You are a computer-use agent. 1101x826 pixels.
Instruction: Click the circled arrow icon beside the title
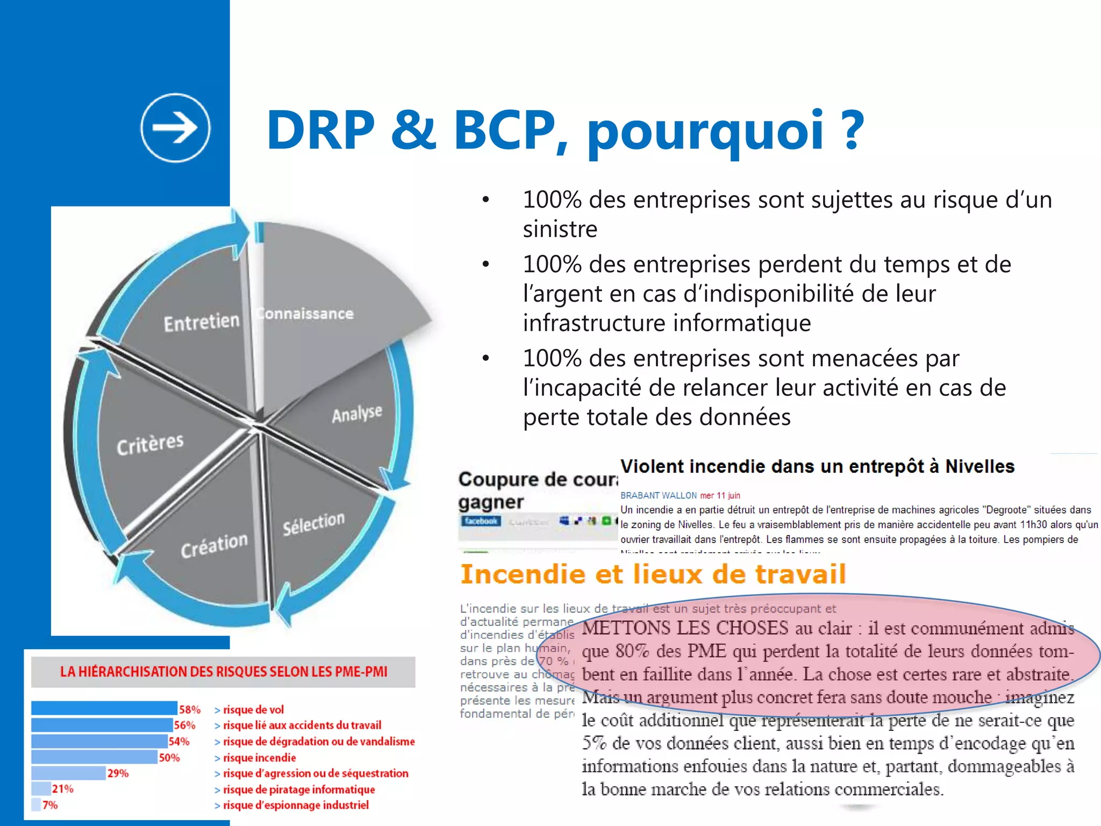point(175,128)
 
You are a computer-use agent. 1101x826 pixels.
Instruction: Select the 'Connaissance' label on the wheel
point(305,314)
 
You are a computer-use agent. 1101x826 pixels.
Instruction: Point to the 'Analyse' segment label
point(357,414)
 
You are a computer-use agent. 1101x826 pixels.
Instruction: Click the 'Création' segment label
point(214,545)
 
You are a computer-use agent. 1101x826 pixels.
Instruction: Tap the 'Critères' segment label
point(150,444)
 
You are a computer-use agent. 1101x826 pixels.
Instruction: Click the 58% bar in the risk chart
point(104,708)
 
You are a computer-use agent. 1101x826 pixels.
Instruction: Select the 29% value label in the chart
point(118,773)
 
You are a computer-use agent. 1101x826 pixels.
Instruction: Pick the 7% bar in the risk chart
point(36,804)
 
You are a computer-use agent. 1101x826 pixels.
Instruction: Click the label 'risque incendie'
point(259,758)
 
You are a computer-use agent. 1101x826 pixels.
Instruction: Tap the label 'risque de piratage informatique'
point(299,789)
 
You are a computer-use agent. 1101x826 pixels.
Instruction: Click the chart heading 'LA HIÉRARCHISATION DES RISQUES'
point(223,672)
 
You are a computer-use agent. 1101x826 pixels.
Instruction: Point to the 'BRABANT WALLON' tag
point(659,495)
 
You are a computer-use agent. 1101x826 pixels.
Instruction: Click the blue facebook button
point(481,521)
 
